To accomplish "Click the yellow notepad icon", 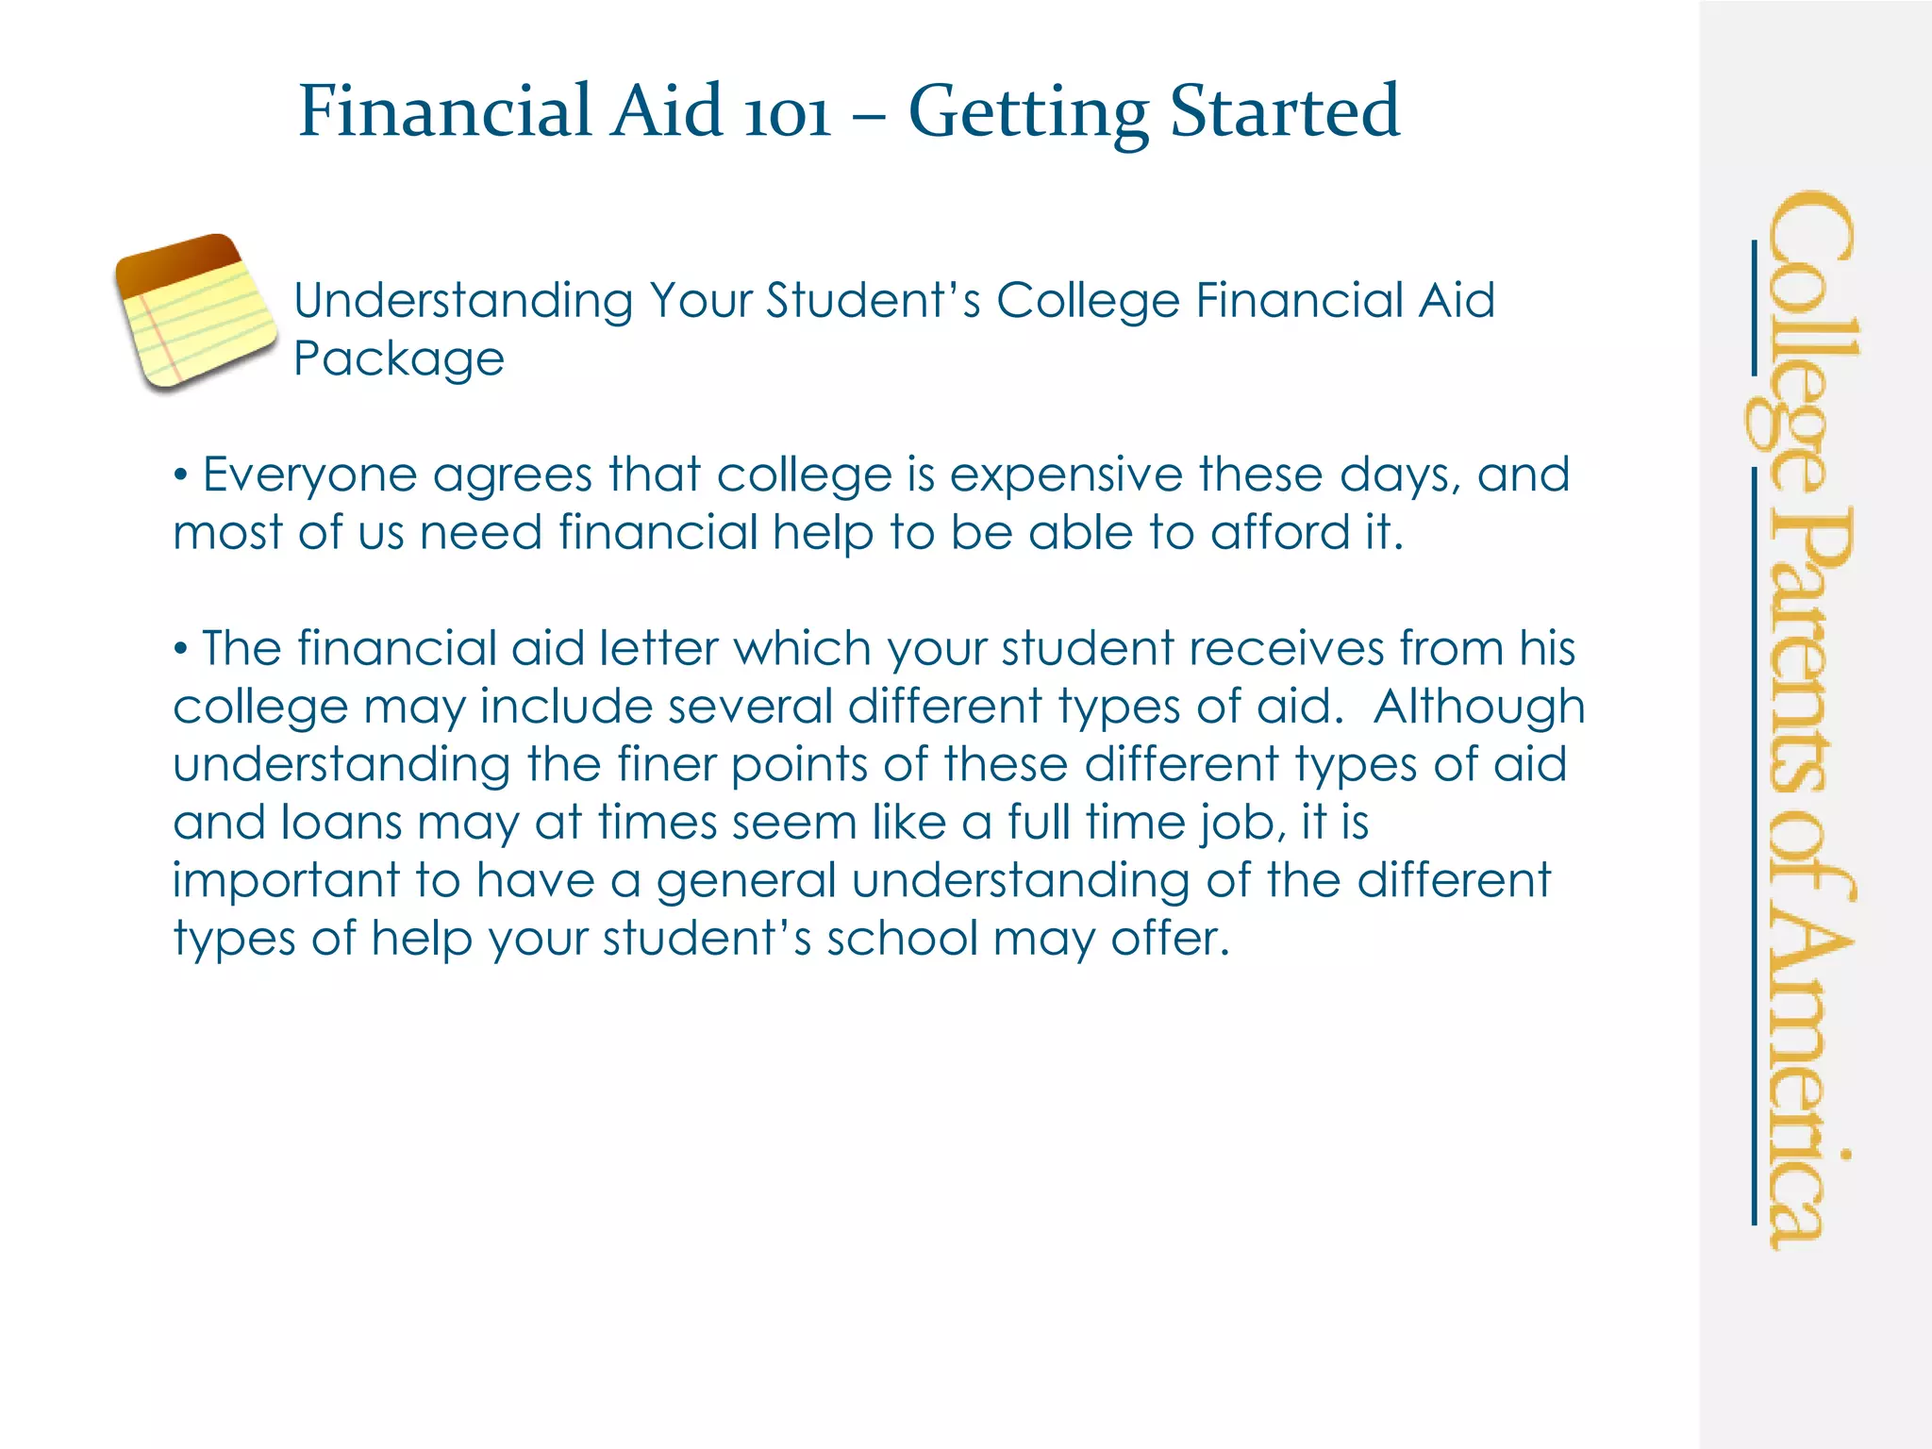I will (196, 312).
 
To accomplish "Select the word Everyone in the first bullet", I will (309, 475).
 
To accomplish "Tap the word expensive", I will (1065, 475).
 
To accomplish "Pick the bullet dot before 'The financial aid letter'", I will (180, 649).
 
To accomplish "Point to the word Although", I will (1478, 708).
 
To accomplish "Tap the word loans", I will (341, 823).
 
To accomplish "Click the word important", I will (287, 881).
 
